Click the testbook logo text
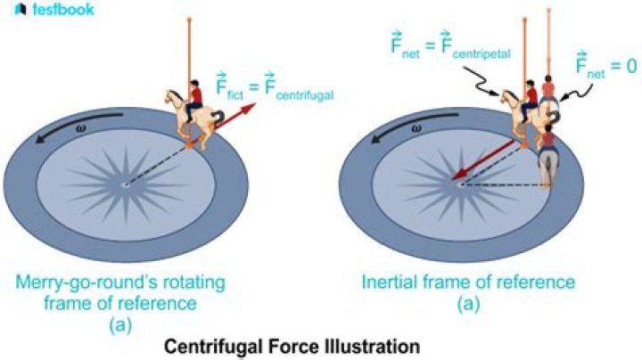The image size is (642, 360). coord(59,10)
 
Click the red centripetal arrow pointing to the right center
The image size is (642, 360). coord(487,160)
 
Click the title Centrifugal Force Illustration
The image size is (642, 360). coord(320,343)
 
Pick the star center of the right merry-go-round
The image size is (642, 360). coord(460,184)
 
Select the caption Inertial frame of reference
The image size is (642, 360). coord(468,283)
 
